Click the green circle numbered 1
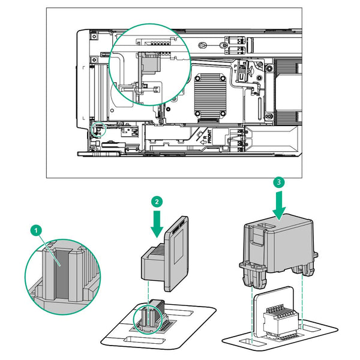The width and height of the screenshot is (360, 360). [37, 230]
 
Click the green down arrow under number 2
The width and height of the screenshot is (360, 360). [157, 223]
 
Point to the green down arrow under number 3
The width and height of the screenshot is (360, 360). [278, 204]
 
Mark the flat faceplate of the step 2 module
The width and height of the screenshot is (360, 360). [176, 251]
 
